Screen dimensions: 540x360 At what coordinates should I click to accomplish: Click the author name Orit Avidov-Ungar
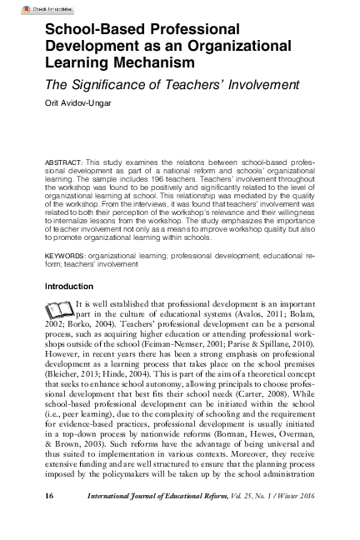click(x=77, y=104)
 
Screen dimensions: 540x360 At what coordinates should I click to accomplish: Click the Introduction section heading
click(x=72, y=287)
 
